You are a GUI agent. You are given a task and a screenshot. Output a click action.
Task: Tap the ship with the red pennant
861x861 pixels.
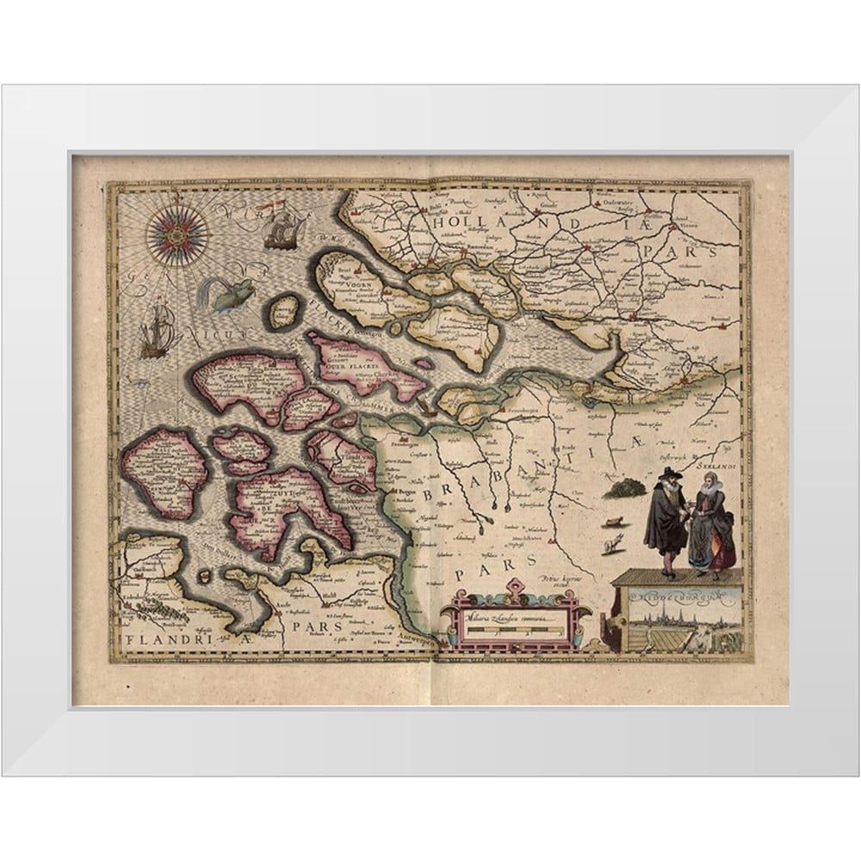tap(284, 229)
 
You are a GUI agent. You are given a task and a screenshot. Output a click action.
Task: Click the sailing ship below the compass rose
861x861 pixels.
tap(158, 333)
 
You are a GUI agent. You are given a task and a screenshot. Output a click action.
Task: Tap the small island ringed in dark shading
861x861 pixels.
tap(284, 312)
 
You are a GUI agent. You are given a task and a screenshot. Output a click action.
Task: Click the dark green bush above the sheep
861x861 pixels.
tap(625, 489)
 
